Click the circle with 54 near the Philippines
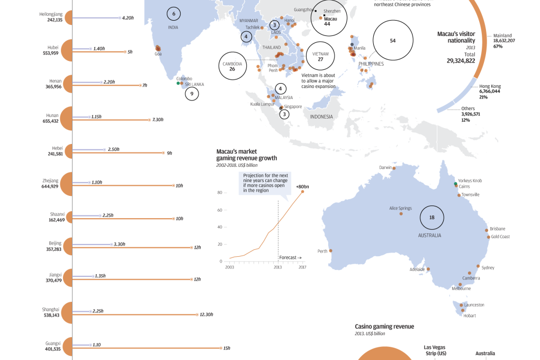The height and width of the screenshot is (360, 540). (x=392, y=41)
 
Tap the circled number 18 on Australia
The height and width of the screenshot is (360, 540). (x=432, y=218)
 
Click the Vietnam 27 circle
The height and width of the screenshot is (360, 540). (x=320, y=57)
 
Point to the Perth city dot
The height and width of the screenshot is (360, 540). (x=331, y=251)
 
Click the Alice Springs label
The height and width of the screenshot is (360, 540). (x=401, y=208)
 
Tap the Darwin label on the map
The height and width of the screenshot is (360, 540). (x=385, y=168)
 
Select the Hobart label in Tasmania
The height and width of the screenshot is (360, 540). (x=469, y=316)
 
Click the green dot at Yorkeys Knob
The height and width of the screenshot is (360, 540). (x=455, y=184)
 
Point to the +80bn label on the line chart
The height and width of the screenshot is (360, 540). (x=302, y=186)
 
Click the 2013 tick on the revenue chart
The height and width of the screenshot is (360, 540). (x=278, y=267)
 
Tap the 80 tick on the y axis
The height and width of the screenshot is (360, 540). (x=220, y=193)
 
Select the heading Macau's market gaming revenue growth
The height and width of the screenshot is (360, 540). (x=246, y=155)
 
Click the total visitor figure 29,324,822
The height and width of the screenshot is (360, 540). (x=455, y=61)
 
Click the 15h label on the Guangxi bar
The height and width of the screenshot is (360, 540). (x=227, y=348)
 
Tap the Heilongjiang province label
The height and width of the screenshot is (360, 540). (x=51, y=14)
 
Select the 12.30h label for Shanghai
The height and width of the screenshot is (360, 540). (x=206, y=314)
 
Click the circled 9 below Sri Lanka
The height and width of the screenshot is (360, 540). (x=192, y=94)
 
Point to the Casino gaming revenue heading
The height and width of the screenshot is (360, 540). (x=384, y=327)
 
